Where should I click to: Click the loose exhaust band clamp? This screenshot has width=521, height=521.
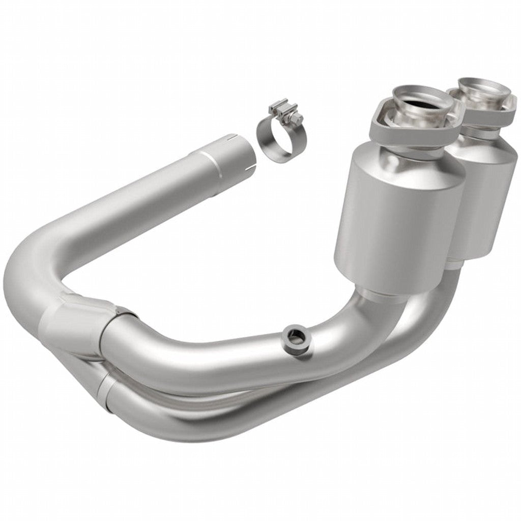pyautogui.click(x=279, y=133)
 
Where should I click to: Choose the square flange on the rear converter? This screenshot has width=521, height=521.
pyautogui.click(x=488, y=109)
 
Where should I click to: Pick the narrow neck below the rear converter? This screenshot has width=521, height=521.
pyautogui.click(x=455, y=265)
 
